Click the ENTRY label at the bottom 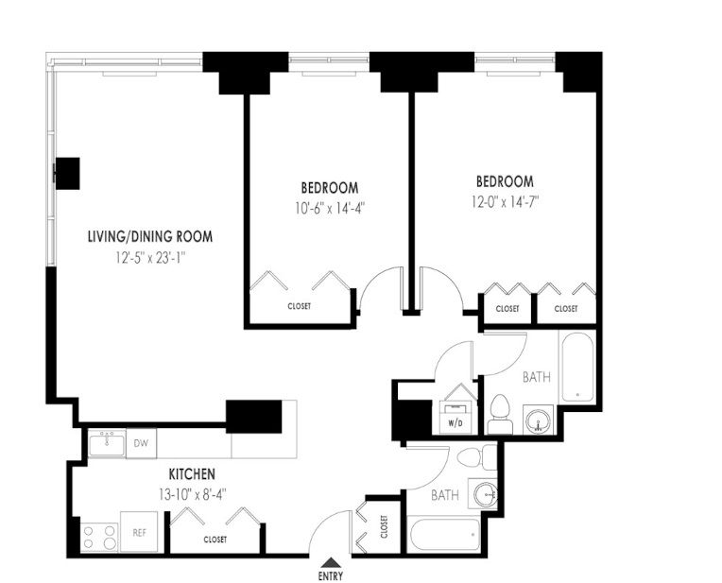pos(330,575)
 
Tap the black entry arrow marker pos(331,562)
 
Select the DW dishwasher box pos(141,443)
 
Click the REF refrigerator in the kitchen pos(139,532)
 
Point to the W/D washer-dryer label pos(455,423)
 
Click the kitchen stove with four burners pos(99,538)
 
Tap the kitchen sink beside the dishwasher pos(107,443)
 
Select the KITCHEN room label pos(192,473)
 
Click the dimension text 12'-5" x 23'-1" pos(150,257)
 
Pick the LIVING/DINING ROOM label pos(150,237)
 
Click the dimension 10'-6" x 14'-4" pos(330,209)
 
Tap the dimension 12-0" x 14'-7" pos(506,201)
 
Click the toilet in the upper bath pos(500,414)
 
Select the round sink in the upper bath pos(538,420)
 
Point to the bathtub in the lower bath pos(444,534)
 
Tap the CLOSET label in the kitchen pos(215,540)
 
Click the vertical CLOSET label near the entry pos(384,526)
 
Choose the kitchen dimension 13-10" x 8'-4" pos(193,495)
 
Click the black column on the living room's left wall pos(67,173)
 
